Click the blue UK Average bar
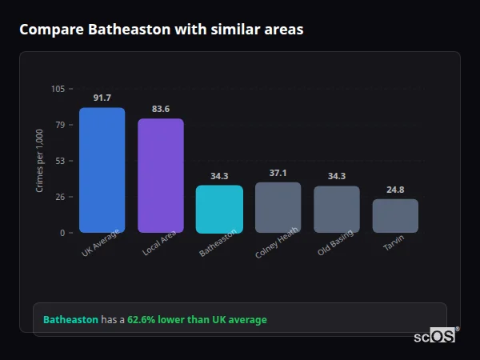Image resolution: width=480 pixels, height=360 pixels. click(102, 170)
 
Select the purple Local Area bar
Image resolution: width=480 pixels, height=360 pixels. click(160, 176)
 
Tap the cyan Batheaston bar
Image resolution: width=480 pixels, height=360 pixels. click(219, 210)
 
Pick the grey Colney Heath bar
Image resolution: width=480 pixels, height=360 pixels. click(278, 208)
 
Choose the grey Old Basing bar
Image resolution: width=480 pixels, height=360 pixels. click(336, 210)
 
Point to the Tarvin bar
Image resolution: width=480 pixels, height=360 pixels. click(395, 216)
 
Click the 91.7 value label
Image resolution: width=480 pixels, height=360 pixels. click(102, 98)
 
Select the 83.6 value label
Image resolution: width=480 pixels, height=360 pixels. click(160, 109)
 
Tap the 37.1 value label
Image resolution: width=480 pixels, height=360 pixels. click(278, 173)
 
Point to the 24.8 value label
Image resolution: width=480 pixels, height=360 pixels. click(395, 190)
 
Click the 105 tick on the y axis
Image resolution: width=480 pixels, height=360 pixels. click(58, 89)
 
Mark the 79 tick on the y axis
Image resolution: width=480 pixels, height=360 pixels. click(60, 125)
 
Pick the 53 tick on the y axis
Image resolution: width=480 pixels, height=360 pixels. click(60, 161)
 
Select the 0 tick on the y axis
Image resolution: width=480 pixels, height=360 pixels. click(62, 233)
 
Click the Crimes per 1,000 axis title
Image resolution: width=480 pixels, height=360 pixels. click(40, 161)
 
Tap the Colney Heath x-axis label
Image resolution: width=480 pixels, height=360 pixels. click(278, 242)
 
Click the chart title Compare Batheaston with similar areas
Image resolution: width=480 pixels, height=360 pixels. click(161, 30)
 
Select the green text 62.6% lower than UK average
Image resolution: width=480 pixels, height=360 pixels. click(197, 320)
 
